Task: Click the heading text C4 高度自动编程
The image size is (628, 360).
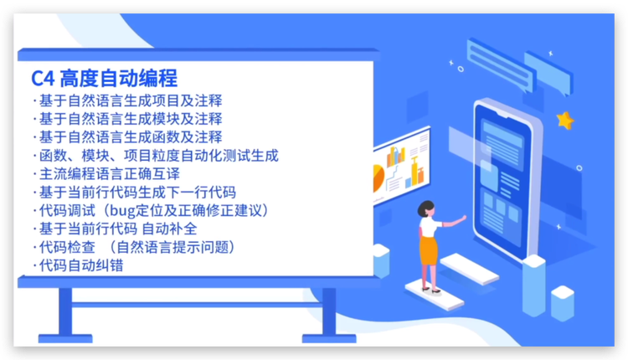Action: click(104, 79)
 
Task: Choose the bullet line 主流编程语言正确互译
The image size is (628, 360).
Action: click(110, 173)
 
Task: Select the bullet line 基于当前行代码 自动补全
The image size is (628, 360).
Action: click(130, 229)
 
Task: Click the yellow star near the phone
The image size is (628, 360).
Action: click(565, 120)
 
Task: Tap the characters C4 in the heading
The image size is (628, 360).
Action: click(43, 79)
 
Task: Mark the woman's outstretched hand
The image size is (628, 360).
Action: click(464, 218)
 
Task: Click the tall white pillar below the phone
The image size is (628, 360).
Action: click(533, 276)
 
